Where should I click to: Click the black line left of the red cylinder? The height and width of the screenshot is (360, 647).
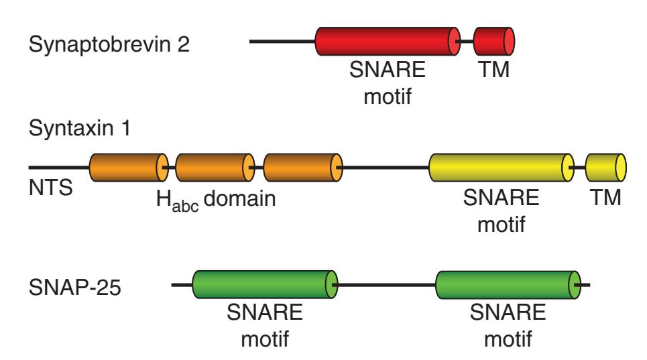[x=282, y=42]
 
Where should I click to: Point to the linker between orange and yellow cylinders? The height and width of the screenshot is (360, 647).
[x=386, y=167]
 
